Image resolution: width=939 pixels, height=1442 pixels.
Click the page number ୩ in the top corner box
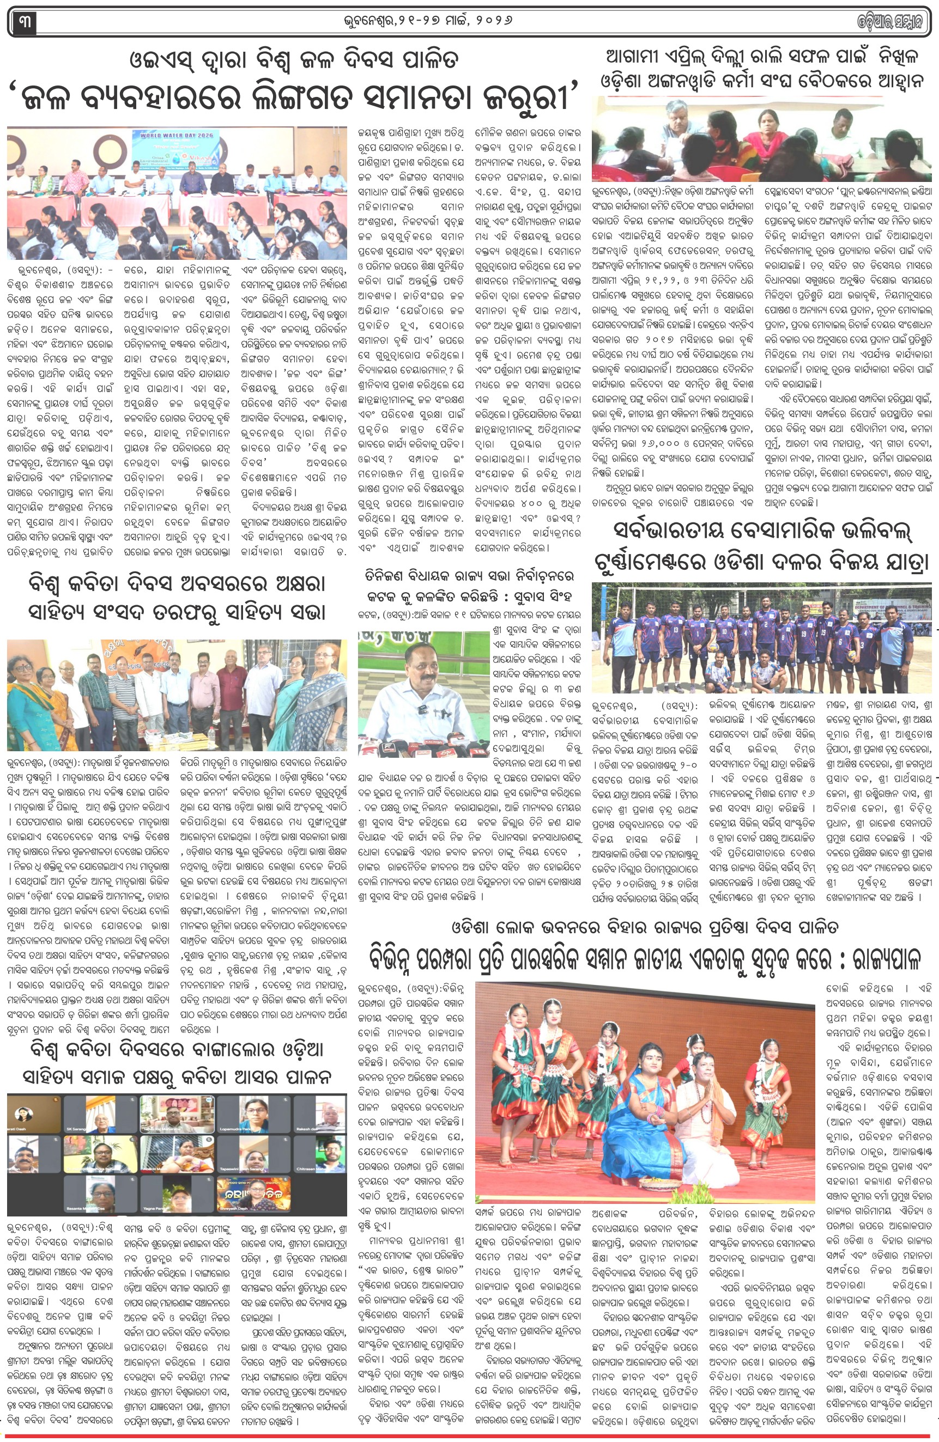click(x=23, y=22)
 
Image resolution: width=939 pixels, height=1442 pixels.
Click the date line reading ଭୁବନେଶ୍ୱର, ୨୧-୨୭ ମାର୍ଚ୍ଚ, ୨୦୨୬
click(x=427, y=21)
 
